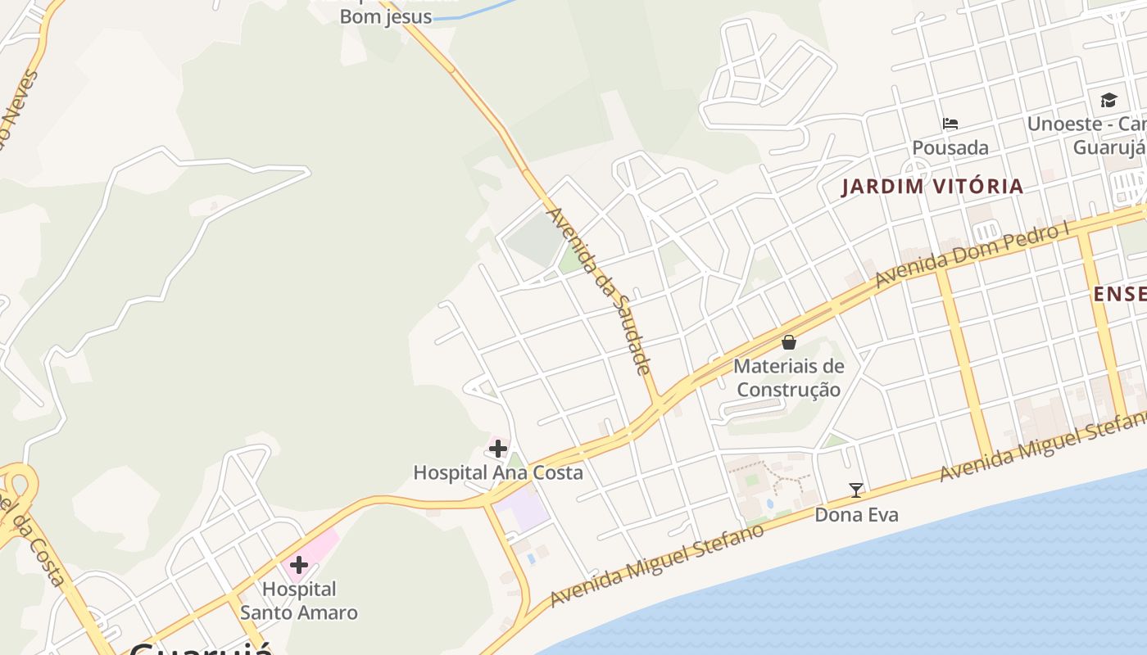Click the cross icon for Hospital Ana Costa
[x=498, y=449]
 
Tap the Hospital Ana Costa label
[x=498, y=472]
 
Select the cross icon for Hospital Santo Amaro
[x=299, y=565]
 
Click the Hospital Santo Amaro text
[x=299, y=601]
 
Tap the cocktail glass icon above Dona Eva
[x=856, y=490]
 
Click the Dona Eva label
[x=856, y=515]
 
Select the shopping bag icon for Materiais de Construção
[x=789, y=342]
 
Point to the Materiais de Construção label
[x=789, y=377]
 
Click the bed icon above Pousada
[x=950, y=124]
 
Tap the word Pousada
[x=950, y=148]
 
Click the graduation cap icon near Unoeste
[x=1108, y=100]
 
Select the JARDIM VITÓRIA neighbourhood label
[x=932, y=187]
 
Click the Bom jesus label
[x=385, y=16]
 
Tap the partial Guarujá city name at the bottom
[x=201, y=648]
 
